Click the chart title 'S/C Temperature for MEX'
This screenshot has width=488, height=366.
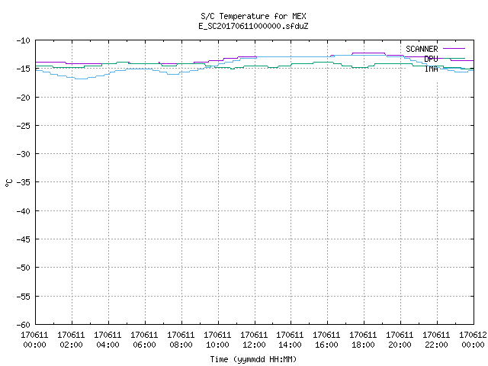(x=253, y=16)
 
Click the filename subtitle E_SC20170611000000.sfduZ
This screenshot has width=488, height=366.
(x=253, y=26)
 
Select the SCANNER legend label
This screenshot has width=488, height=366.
(x=422, y=49)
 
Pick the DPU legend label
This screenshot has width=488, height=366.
(x=431, y=59)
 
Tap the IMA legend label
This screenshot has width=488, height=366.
(x=431, y=69)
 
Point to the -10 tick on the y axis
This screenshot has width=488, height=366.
(x=24, y=40)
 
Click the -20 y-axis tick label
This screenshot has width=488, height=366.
(x=24, y=98)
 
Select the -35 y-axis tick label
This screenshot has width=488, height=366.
(x=24, y=182)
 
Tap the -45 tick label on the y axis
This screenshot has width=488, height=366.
(x=24, y=239)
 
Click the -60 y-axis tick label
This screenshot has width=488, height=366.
(x=24, y=325)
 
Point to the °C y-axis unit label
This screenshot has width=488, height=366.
(x=9, y=183)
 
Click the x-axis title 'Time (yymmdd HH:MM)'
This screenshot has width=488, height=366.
(x=253, y=359)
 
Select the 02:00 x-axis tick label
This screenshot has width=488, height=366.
(x=71, y=340)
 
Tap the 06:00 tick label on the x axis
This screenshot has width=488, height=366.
(x=144, y=340)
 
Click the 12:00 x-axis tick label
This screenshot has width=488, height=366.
(x=254, y=340)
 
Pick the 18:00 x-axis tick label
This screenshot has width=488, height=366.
(x=363, y=340)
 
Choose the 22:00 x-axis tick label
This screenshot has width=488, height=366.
(x=436, y=340)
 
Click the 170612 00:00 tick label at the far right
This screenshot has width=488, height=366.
(x=473, y=340)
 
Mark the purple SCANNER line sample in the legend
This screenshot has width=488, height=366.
(x=454, y=49)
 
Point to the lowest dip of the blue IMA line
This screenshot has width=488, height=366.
(x=82, y=79)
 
